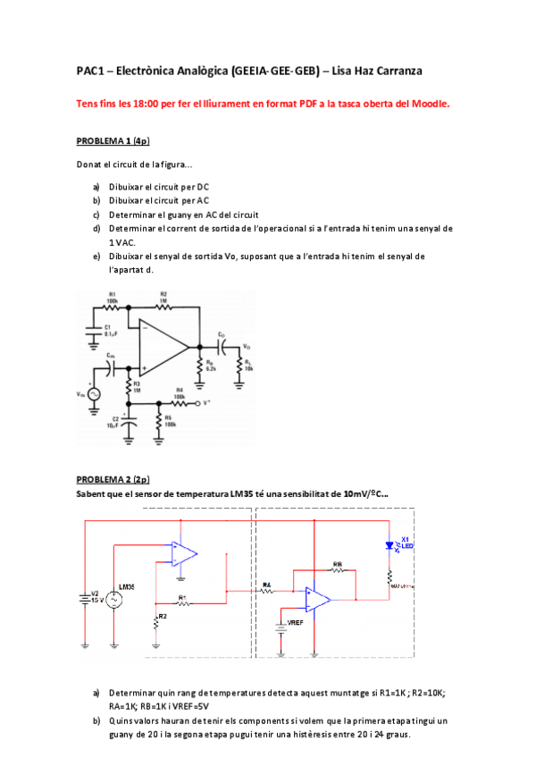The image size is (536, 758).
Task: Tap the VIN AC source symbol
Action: tap(92, 393)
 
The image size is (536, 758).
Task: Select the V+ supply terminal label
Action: tap(208, 402)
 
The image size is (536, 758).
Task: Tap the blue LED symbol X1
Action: tap(389, 546)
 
